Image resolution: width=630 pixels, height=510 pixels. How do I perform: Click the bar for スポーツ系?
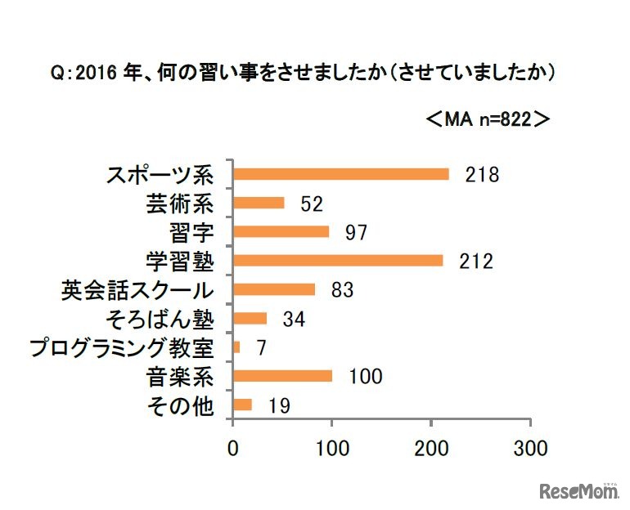[340, 174]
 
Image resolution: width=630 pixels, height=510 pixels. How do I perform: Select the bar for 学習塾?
[338, 261]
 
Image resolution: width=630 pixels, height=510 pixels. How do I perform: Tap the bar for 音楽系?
[282, 376]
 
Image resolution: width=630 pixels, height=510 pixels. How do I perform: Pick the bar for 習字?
[281, 231]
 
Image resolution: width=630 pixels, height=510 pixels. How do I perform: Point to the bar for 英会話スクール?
[274, 289]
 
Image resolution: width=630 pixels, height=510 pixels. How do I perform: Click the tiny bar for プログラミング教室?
[236, 347]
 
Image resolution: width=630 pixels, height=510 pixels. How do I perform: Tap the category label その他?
[182, 405]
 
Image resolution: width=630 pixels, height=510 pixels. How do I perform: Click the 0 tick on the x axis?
[233, 448]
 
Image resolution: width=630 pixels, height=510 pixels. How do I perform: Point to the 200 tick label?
[431, 448]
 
